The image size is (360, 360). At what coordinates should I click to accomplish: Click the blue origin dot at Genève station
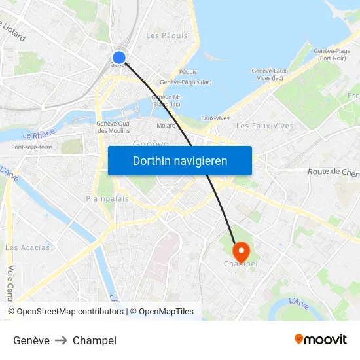point(118,58)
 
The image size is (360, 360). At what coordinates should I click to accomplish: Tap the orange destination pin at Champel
point(241,250)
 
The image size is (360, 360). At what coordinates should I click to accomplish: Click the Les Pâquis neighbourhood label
point(166,36)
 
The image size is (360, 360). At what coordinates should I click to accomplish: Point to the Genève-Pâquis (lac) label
point(185,82)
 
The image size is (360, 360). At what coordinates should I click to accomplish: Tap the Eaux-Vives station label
point(215,118)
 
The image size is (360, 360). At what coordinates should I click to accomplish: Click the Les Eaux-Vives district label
point(264,126)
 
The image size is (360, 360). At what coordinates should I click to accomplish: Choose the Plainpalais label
point(107,198)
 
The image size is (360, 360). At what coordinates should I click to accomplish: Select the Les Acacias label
point(27,247)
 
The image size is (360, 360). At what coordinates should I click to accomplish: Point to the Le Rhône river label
point(39,134)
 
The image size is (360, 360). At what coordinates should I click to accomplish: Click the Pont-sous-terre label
point(31,147)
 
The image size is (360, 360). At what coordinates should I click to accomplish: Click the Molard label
point(166,126)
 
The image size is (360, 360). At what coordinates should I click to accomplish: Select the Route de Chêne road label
point(334,173)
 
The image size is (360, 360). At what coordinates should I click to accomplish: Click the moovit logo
point(321,340)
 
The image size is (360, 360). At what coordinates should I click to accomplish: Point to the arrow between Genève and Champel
point(61,340)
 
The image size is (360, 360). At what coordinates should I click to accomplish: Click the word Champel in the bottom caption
point(94,340)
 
